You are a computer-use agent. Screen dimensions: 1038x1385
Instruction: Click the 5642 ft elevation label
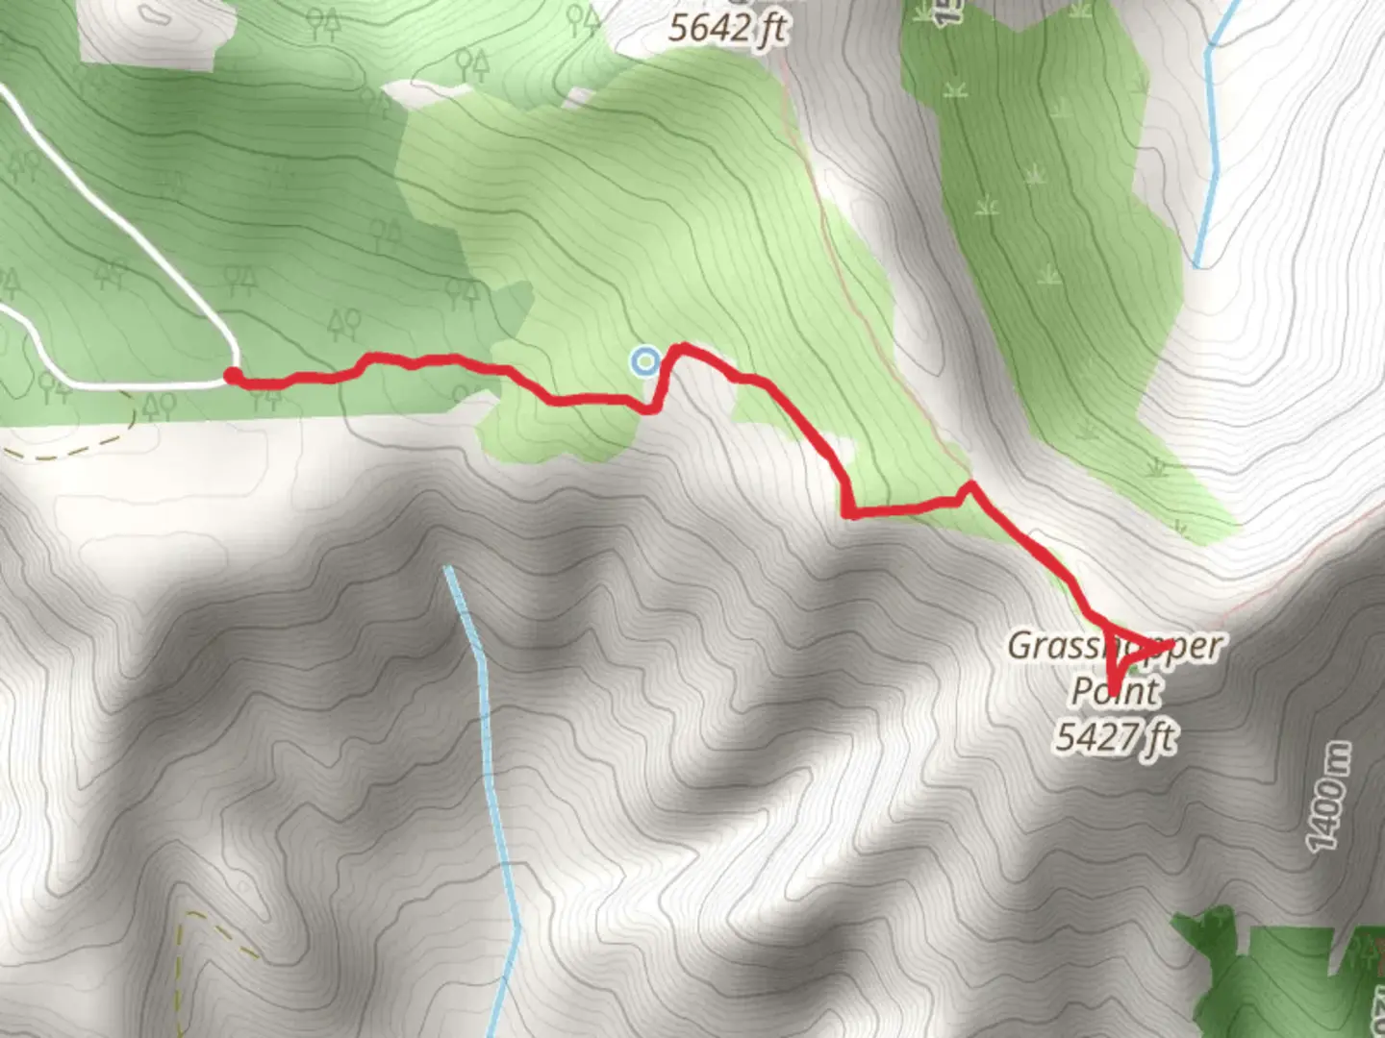coord(726,28)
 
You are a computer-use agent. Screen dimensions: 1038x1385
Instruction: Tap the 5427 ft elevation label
coord(1116,737)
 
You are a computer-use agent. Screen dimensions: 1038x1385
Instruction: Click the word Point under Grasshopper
coord(1116,690)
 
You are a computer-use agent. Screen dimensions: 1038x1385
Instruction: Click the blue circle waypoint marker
coord(645,361)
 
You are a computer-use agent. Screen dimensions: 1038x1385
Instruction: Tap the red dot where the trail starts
coord(232,376)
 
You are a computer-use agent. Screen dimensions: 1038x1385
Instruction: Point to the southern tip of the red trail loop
coord(1114,690)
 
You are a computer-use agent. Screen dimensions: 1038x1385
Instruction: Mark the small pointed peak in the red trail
coord(970,485)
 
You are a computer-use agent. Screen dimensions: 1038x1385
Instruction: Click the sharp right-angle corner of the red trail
coord(848,512)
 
